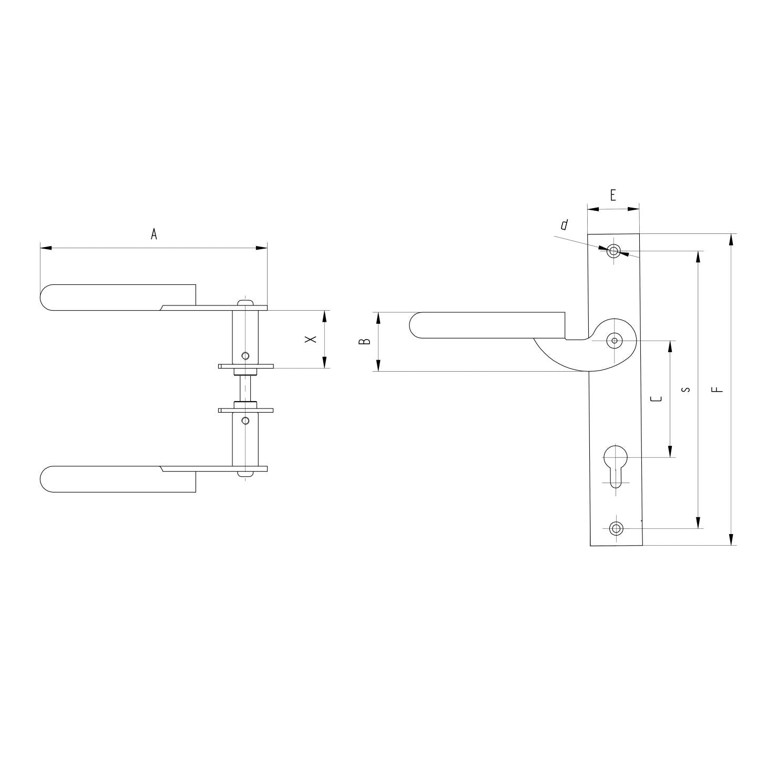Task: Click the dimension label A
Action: [154, 234]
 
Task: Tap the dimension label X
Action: [311, 340]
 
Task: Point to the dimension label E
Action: [613, 196]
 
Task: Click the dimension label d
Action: [564, 226]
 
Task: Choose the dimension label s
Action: [686, 390]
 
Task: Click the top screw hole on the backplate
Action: [613, 251]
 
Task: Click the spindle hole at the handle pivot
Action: [614, 341]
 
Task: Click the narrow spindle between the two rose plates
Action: [245, 389]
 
